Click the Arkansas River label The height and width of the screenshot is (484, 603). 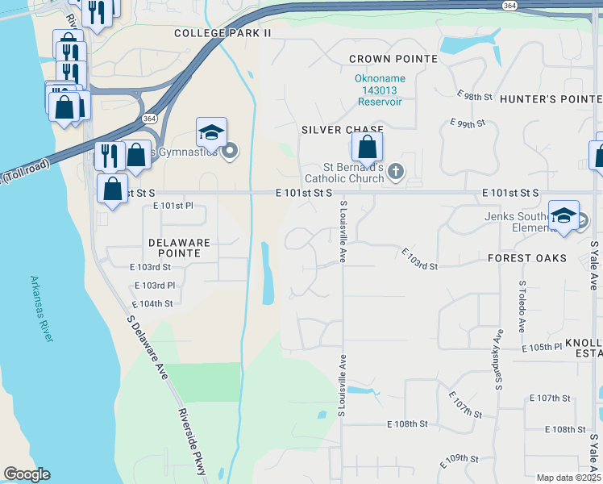click(41, 309)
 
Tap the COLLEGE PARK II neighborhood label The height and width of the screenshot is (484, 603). click(223, 33)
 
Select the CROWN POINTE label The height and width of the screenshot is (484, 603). click(393, 59)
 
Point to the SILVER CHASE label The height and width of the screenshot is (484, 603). click(342, 129)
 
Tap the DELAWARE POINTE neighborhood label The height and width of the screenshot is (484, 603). click(179, 248)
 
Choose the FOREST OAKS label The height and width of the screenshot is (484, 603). click(527, 258)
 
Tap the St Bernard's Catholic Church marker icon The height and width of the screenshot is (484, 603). click(395, 171)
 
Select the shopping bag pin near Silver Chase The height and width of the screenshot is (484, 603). click(367, 148)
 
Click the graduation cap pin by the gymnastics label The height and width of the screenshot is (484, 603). click(211, 133)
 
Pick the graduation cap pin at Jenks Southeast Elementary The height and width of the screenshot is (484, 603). click(564, 215)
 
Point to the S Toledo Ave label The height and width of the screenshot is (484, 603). click(522, 307)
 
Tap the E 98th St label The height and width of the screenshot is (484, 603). click(474, 95)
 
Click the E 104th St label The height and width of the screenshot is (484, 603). click(152, 303)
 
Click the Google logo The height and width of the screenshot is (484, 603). click(27, 474)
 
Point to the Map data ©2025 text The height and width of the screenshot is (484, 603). click(568, 478)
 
